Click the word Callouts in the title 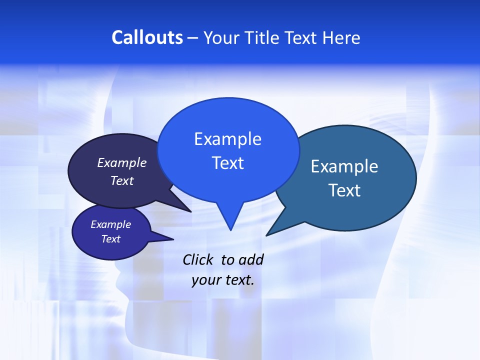click(x=147, y=37)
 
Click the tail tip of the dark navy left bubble click(x=190, y=211)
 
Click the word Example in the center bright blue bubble click(x=227, y=139)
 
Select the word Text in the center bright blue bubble click(x=227, y=163)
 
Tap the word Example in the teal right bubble click(x=344, y=166)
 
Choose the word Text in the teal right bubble click(x=344, y=190)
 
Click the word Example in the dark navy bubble click(x=121, y=163)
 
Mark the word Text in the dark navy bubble click(x=121, y=180)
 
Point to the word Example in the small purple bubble click(x=110, y=224)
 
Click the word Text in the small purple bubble click(x=110, y=239)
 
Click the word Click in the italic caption click(x=198, y=259)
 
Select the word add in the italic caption click(x=250, y=259)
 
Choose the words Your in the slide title click(x=222, y=37)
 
